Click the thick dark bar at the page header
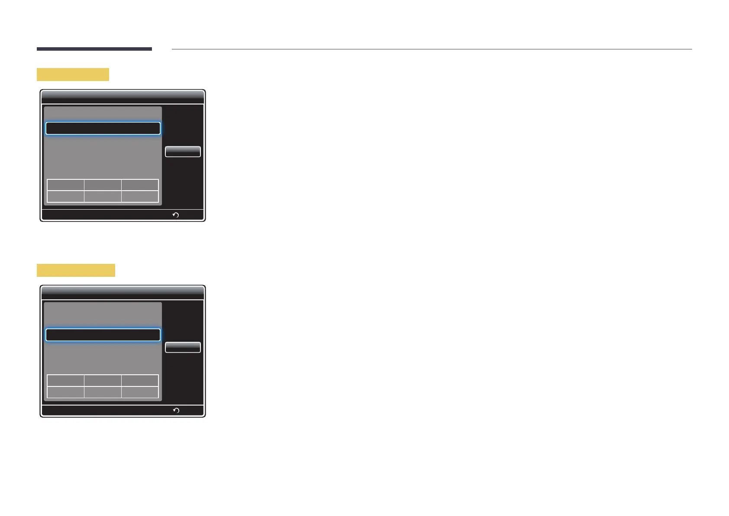click(x=94, y=49)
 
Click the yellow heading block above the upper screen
click(x=73, y=74)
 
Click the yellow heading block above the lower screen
click(x=76, y=270)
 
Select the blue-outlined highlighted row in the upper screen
click(x=103, y=128)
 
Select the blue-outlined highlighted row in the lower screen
click(x=103, y=335)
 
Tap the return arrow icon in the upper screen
click(x=176, y=215)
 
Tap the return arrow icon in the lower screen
click(x=176, y=410)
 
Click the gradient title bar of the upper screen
click(x=123, y=97)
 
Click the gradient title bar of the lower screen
click(x=123, y=292)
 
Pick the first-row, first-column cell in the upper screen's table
click(x=65, y=185)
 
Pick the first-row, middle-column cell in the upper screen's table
click(x=103, y=185)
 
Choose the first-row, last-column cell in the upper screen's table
click(x=140, y=185)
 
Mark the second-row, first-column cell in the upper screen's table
click(x=65, y=196)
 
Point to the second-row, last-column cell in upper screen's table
click(x=140, y=196)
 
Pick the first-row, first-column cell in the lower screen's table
click(x=65, y=380)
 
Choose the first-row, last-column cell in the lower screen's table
click(x=140, y=380)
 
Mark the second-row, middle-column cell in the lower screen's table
click(x=103, y=392)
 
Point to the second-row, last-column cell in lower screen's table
click(x=140, y=392)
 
